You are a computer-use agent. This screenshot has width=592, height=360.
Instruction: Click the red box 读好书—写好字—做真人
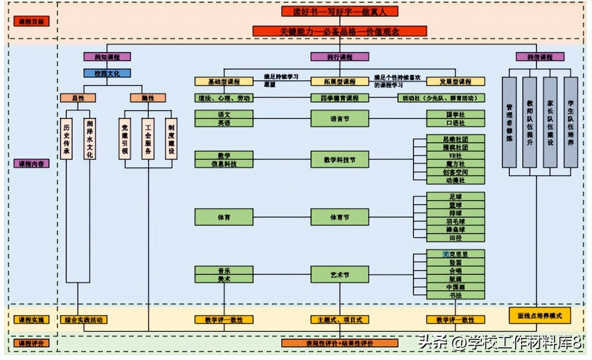[340, 11]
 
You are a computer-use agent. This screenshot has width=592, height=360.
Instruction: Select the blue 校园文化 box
[107, 74]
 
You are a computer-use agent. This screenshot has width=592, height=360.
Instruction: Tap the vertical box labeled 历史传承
[66, 139]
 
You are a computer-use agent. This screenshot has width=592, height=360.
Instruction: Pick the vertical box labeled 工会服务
[148, 139]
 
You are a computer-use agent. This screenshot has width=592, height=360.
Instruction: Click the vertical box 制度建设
[171, 139]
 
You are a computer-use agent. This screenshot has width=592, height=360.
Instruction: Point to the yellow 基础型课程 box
[223, 82]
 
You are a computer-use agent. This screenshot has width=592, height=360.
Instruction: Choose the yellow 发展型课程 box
[455, 82]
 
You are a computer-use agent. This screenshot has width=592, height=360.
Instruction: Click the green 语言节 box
[340, 119]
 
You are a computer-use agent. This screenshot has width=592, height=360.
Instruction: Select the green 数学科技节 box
[340, 159]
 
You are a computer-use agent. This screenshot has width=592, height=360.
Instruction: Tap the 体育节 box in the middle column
[340, 217]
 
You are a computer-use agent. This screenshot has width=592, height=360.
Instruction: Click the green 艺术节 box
[340, 274]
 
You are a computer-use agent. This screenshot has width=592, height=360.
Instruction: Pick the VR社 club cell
[455, 155]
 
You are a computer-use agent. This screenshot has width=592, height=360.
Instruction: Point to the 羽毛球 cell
[455, 221]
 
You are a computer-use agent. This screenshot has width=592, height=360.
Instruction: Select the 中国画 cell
[455, 286]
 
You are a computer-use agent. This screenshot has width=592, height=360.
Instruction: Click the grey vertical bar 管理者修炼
[509, 122]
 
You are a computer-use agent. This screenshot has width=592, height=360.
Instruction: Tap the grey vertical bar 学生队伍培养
[571, 122]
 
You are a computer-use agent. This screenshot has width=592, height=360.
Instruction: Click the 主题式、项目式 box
[340, 320]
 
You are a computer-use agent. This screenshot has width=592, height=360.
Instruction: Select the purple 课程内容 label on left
[31, 164]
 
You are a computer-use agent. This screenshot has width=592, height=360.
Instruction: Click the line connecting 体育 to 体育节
[281, 217]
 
